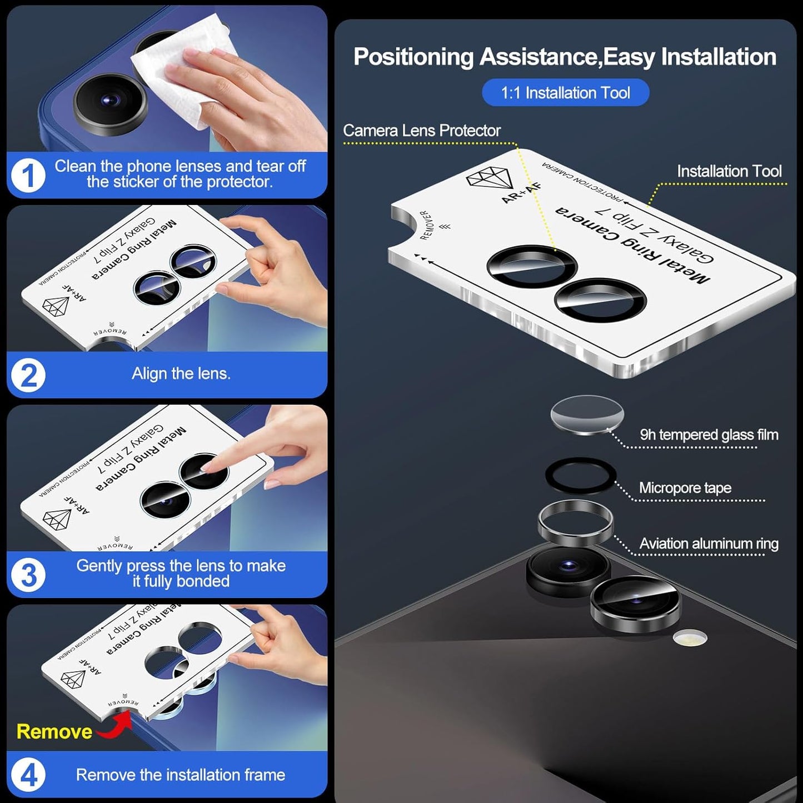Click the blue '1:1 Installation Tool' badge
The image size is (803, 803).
click(x=565, y=92)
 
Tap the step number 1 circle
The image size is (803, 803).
click(x=28, y=176)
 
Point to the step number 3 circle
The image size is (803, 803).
click(x=28, y=575)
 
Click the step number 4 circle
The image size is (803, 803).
click(x=28, y=775)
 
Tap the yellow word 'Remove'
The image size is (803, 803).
click(x=54, y=731)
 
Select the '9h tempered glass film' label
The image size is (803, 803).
click(x=709, y=435)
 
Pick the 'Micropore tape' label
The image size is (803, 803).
click(x=685, y=488)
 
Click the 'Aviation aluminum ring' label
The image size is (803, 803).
click(x=709, y=543)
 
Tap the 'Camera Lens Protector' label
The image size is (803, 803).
click(x=422, y=131)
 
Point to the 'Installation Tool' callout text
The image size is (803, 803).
click(x=729, y=171)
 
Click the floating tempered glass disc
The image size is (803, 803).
click(x=587, y=415)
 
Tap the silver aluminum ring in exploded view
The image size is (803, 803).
click(x=576, y=522)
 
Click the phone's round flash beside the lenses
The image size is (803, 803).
click(x=690, y=638)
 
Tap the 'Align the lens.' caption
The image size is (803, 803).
click(x=181, y=373)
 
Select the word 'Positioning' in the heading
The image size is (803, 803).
click(x=413, y=57)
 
